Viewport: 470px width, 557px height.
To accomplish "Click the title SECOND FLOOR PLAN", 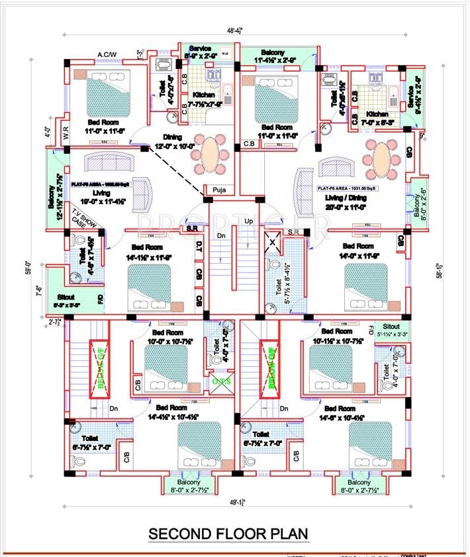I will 228,533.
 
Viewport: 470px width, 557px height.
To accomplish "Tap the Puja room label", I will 221,189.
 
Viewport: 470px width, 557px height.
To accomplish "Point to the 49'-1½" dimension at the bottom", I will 234,501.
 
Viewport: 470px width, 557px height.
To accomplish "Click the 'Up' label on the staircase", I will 249,221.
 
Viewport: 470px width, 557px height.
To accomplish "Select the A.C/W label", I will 107,54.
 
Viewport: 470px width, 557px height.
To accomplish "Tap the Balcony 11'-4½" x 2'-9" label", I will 273,56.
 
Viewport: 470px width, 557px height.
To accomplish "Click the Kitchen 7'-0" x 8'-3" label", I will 379,118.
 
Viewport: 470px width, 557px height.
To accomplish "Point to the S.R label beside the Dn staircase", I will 193,229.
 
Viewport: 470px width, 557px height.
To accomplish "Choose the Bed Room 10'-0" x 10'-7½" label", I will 168,337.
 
